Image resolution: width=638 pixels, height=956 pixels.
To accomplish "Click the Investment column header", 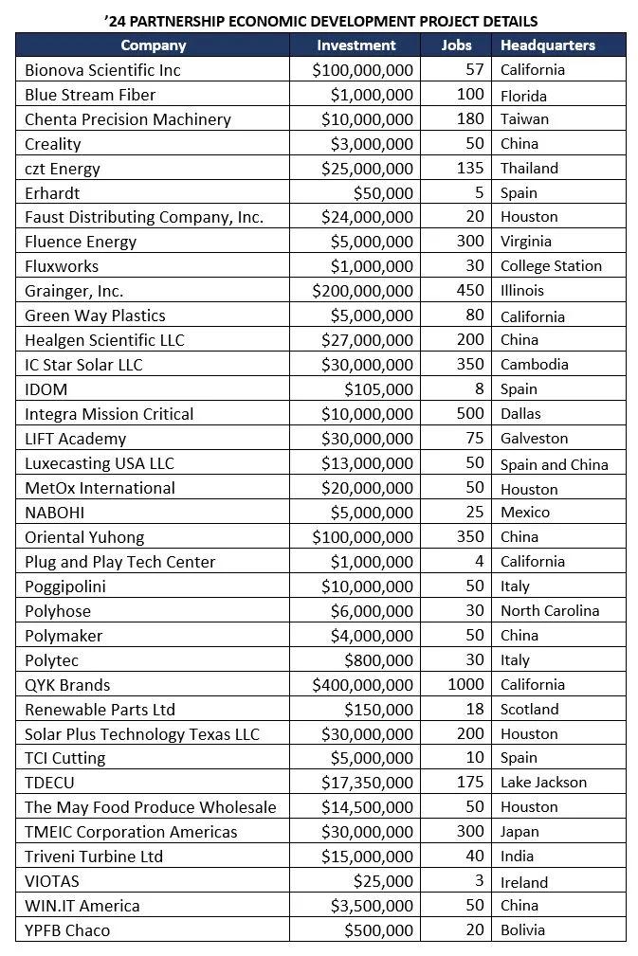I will coord(355,45).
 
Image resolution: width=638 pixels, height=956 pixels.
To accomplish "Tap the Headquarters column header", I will coord(548,45).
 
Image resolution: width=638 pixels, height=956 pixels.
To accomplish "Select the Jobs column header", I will coord(456,45).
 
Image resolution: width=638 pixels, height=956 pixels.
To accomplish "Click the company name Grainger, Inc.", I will coord(74,291).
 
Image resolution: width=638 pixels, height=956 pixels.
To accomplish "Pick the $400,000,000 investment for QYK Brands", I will coord(363,685).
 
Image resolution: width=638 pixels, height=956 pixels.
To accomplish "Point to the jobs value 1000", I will coord(465,684).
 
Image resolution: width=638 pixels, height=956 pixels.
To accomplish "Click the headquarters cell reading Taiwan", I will coord(524,119).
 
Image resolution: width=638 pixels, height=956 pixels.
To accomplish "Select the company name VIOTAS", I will coord(53,881).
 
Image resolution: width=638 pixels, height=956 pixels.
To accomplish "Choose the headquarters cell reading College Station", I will coord(551,266).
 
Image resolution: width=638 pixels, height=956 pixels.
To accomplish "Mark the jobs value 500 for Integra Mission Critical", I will coord(470,414).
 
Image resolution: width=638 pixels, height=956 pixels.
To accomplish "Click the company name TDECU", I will coord(51,783).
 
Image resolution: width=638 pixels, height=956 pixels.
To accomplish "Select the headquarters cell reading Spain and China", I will coord(555,464).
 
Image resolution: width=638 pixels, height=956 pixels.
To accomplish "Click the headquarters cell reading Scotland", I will coord(530,710).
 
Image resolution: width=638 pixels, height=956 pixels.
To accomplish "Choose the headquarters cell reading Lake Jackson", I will coord(544,783).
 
